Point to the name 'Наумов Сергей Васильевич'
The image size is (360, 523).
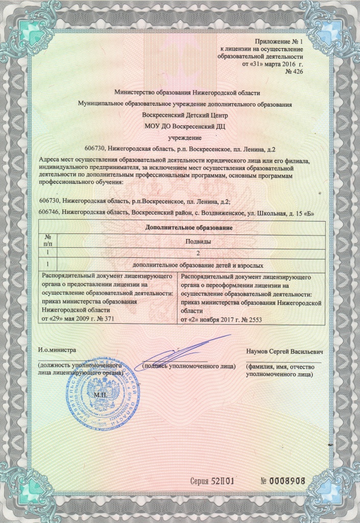[x=283, y=352]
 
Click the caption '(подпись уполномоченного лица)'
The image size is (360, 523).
[x=189, y=366]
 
